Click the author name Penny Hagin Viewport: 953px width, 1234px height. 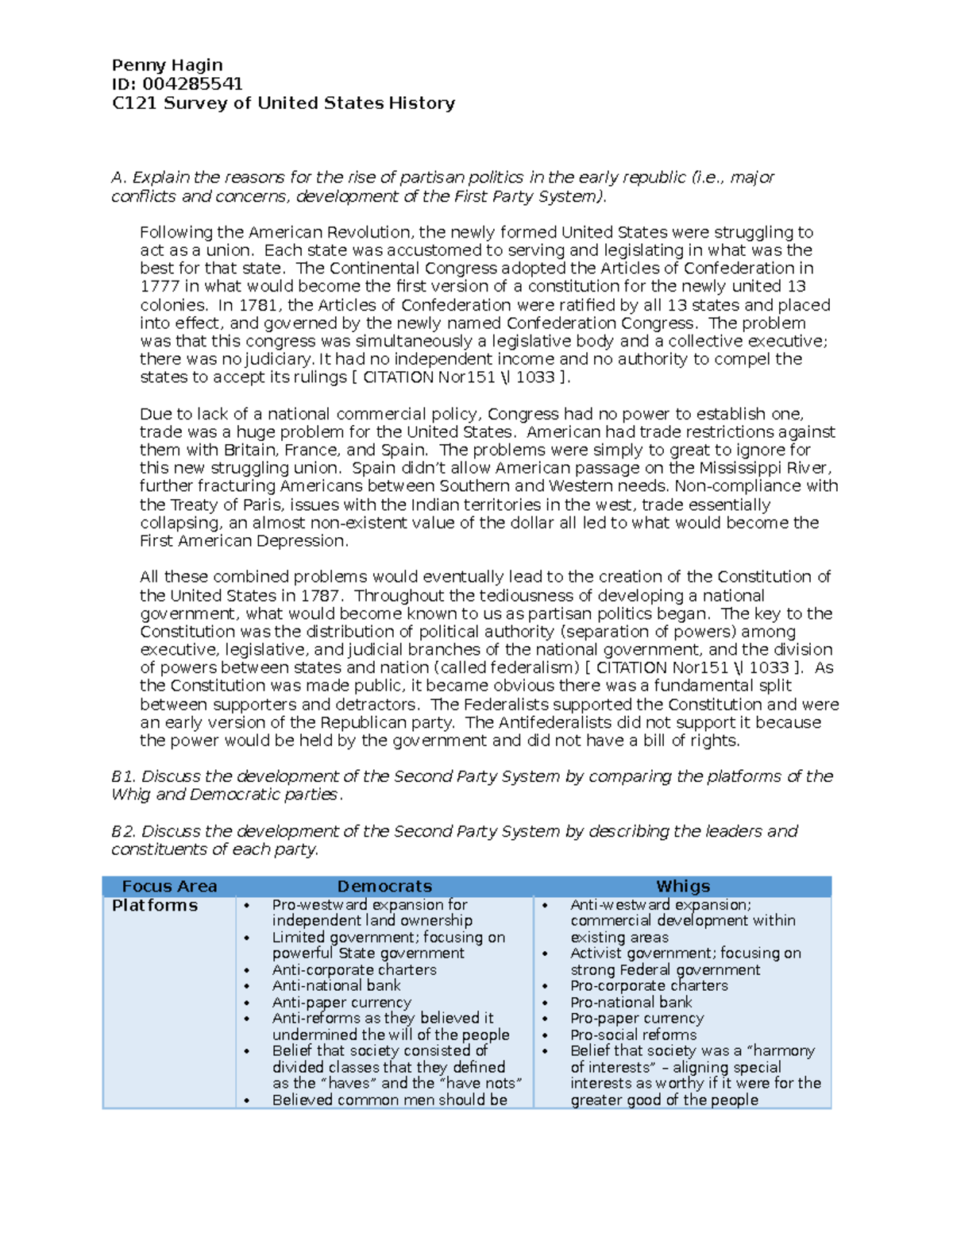[167, 65]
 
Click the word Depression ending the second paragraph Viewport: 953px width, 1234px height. [306, 541]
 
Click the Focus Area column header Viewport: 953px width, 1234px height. [169, 887]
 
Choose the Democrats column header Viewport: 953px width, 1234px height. [384, 887]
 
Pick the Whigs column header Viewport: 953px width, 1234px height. [682, 887]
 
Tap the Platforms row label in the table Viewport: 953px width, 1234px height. [155, 906]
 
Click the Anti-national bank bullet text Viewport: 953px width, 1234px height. [336, 986]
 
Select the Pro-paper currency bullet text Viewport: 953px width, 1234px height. [637, 1019]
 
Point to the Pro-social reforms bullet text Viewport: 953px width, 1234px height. [633, 1035]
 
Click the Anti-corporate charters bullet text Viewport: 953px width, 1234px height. [354, 970]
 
